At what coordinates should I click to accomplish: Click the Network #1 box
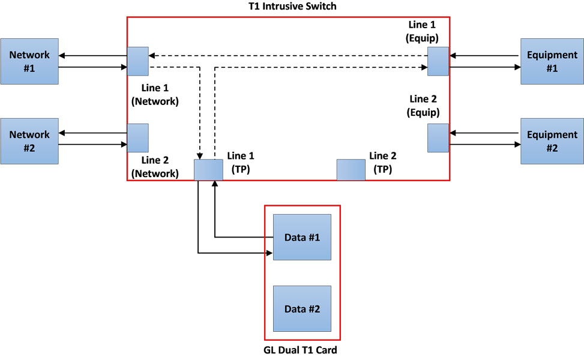pyautogui.click(x=29, y=61)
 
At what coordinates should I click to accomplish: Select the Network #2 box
pyautogui.click(x=29, y=141)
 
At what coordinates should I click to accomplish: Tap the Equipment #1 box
pyautogui.click(x=552, y=61)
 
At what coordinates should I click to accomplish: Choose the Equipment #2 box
pyautogui.click(x=552, y=141)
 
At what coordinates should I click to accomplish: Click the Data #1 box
pyautogui.click(x=302, y=237)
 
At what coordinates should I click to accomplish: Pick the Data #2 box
pyautogui.click(x=302, y=309)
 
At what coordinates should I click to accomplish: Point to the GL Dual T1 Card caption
pyautogui.click(x=303, y=350)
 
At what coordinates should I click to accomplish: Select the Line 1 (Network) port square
pyautogui.click(x=137, y=61)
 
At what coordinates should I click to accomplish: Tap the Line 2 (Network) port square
pyautogui.click(x=137, y=138)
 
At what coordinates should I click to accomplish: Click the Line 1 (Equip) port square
pyautogui.click(x=438, y=61)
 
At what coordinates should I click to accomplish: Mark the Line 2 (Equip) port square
pyautogui.click(x=438, y=138)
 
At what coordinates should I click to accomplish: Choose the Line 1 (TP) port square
pyautogui.click(x=208, y=170)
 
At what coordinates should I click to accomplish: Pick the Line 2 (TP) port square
pyautogui.click(x=351, y=170)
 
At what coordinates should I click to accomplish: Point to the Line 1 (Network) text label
pyautogui.click(x=155, y=95)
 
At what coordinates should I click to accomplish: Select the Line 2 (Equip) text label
pyautogui.click(x=424, y=106)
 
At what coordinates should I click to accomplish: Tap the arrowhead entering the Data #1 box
pyautogui.click(x=269, y=253)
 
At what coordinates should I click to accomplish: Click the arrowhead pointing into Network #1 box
pyautogui.click(x=63, y=56)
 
